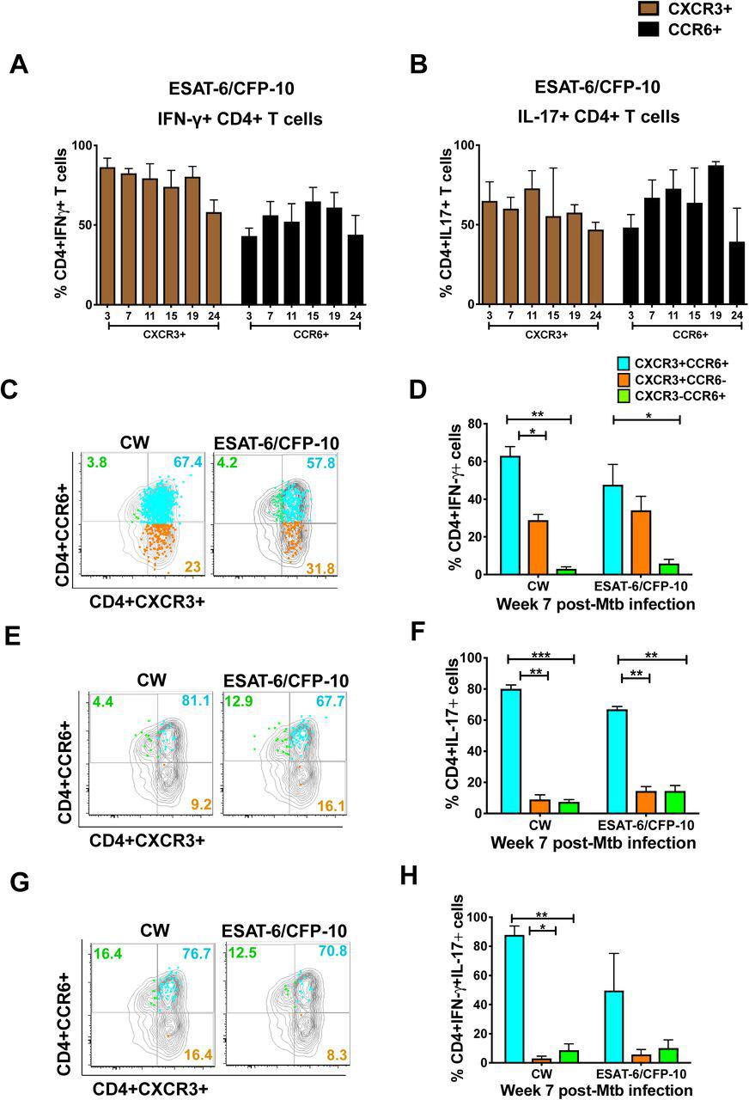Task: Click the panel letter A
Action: tap(18, 66)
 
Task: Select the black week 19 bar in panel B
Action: tap(714, 235)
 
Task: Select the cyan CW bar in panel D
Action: tap(511, 515)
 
